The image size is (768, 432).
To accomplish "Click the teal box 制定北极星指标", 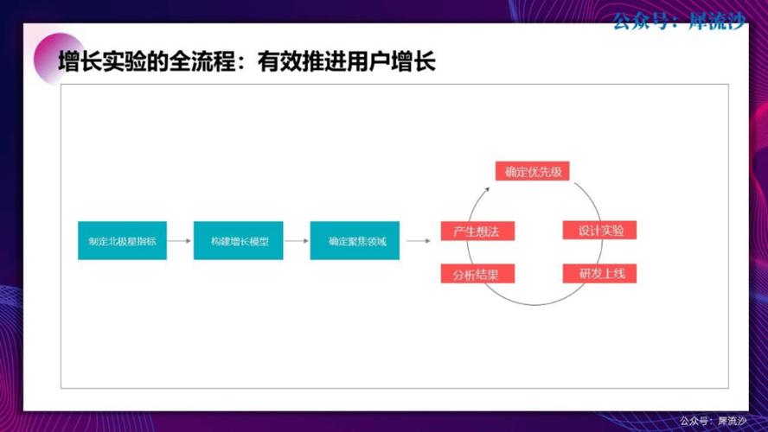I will click(122, 241).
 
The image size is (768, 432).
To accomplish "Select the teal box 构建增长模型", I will click(239, 241).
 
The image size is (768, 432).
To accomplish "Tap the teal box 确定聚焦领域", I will click(355, 241).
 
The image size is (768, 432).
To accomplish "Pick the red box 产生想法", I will click(477, 231).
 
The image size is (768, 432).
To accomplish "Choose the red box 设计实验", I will click(600, 231).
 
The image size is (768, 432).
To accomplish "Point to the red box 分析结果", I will click(477, 275).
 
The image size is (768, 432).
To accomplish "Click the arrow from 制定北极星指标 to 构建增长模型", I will click(180, 241).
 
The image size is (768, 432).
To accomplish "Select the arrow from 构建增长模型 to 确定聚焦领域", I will click(297, 241).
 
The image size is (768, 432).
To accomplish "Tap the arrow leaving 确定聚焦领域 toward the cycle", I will click(418, 241).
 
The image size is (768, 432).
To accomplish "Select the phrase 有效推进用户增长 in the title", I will click(346, 62).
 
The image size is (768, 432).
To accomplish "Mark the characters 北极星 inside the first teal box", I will click(122, 241).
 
